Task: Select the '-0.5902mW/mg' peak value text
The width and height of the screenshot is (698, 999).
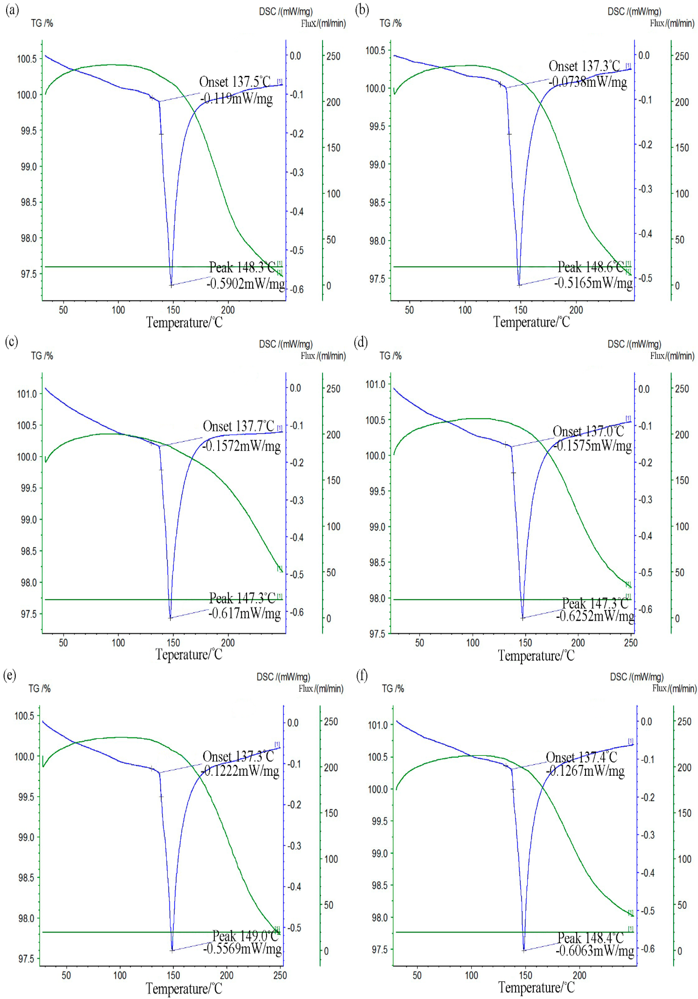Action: tap(245, 284)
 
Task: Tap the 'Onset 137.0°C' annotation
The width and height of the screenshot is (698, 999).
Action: tap(588, 431)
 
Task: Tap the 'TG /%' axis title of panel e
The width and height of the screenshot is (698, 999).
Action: tap(39, 688)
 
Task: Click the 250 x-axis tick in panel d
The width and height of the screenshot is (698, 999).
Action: tap(630, 643)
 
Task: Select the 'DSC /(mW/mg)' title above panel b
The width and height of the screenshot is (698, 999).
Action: tap(634, 11)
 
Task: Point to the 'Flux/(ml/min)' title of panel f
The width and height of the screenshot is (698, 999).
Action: tap(674, 688)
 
